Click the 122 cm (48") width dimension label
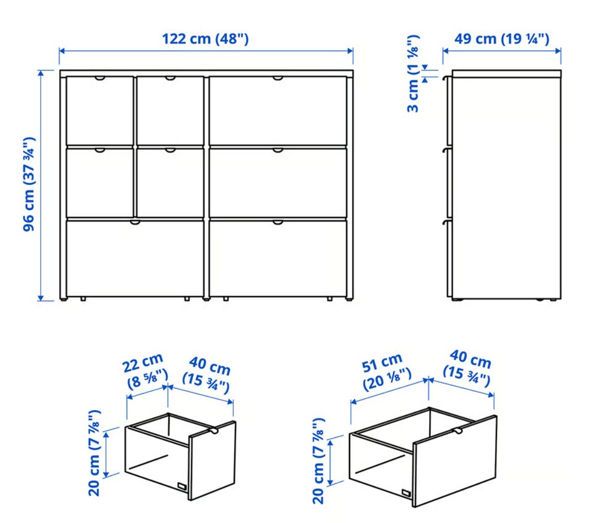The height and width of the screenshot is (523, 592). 205,39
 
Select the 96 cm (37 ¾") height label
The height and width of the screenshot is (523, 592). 29,184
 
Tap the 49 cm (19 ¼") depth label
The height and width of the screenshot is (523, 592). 501,39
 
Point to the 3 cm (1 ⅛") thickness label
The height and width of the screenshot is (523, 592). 413,73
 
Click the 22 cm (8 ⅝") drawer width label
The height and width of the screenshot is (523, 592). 145,371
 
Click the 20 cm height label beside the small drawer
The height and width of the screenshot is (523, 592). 94,453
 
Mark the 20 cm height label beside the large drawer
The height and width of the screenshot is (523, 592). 318,461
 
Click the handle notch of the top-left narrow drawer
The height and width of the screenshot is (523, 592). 100,78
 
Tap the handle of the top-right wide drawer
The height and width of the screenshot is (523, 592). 278,78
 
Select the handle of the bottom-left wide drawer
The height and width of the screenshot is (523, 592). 135,222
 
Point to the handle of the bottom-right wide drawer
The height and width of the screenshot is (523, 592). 278,222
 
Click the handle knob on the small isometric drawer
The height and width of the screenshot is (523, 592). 213,431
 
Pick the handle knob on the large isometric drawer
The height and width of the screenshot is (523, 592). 458,432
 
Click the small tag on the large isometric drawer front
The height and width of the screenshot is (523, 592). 406,493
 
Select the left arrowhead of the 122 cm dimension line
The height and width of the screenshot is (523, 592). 62,51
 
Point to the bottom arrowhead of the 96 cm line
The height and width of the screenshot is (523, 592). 41,298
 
